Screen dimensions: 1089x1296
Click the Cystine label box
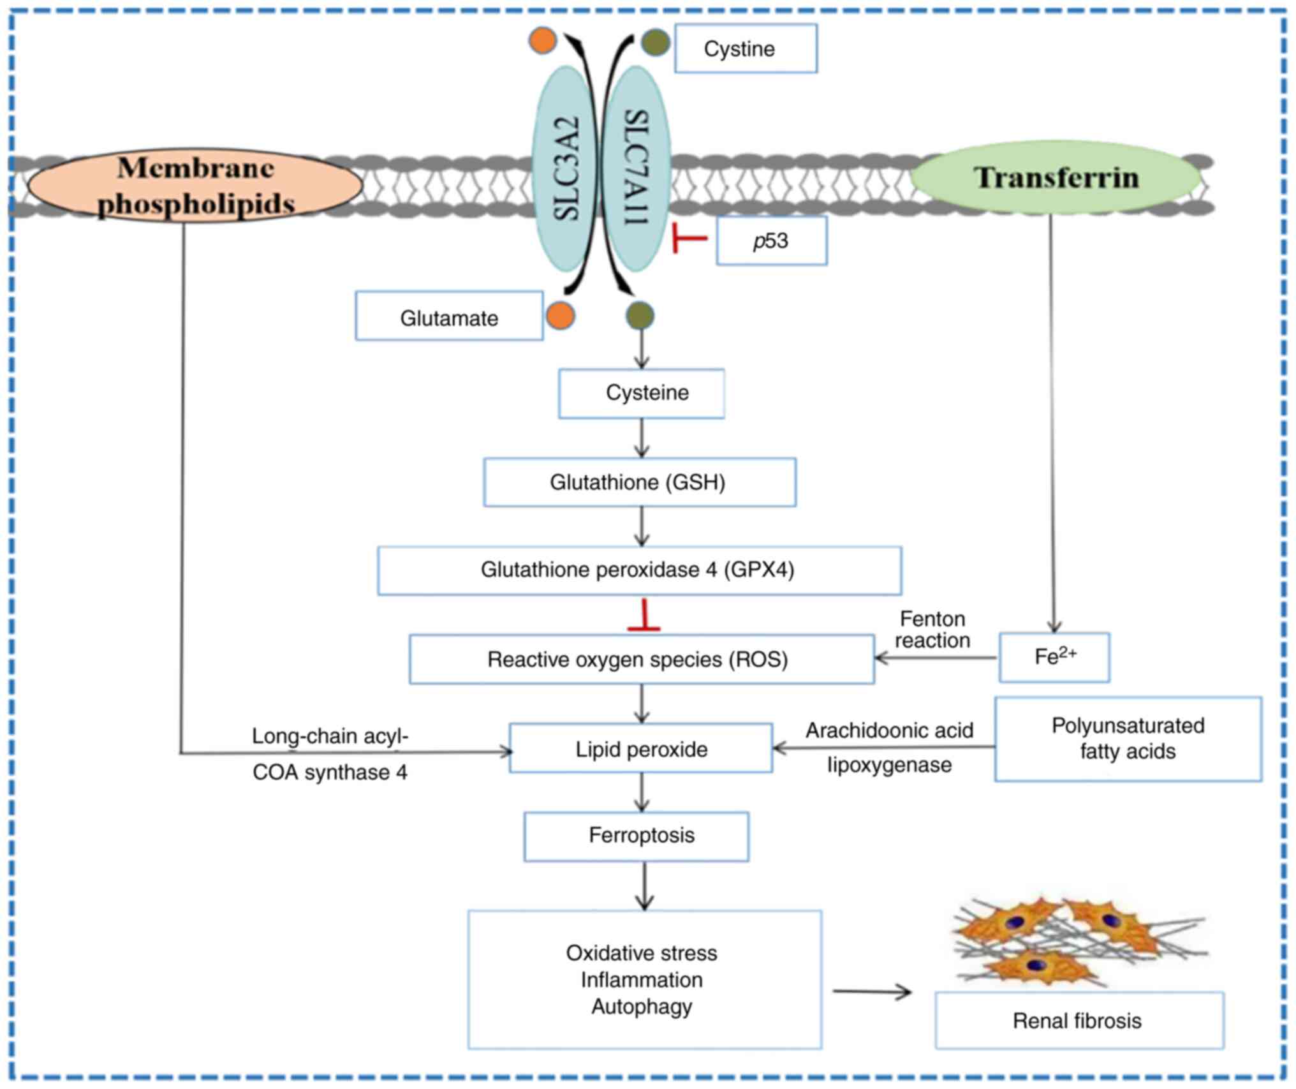pos(746,48)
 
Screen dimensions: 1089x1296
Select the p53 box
pos(771,241)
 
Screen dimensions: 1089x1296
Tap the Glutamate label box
pos(449,316)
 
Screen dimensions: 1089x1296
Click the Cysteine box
pos(642,393)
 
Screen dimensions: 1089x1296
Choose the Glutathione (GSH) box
pos(639,482)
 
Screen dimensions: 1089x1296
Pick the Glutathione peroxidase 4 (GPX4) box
pos(639,570)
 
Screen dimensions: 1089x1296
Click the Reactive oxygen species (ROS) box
pos(641,659)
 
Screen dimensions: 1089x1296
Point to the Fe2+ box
pos(1054,658)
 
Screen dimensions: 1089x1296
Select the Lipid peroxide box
pos(641,748)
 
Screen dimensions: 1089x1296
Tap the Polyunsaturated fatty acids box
pos(1128,739)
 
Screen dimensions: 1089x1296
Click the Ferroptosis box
pos(637,836)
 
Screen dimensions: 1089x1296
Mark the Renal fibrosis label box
pos(1079,1020)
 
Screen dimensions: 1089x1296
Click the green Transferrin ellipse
pos(1056,177)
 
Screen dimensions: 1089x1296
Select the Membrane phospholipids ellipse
pos(196,186)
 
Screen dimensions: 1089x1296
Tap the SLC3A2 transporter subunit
pos(565,169)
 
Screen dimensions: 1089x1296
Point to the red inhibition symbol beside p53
pos(688,239)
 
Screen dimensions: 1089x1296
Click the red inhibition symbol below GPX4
pos(644,616)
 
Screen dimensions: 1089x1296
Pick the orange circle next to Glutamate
pos(560,316)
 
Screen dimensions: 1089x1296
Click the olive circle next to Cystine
pos(655,43)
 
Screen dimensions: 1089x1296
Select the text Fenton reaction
pos(932,630)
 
